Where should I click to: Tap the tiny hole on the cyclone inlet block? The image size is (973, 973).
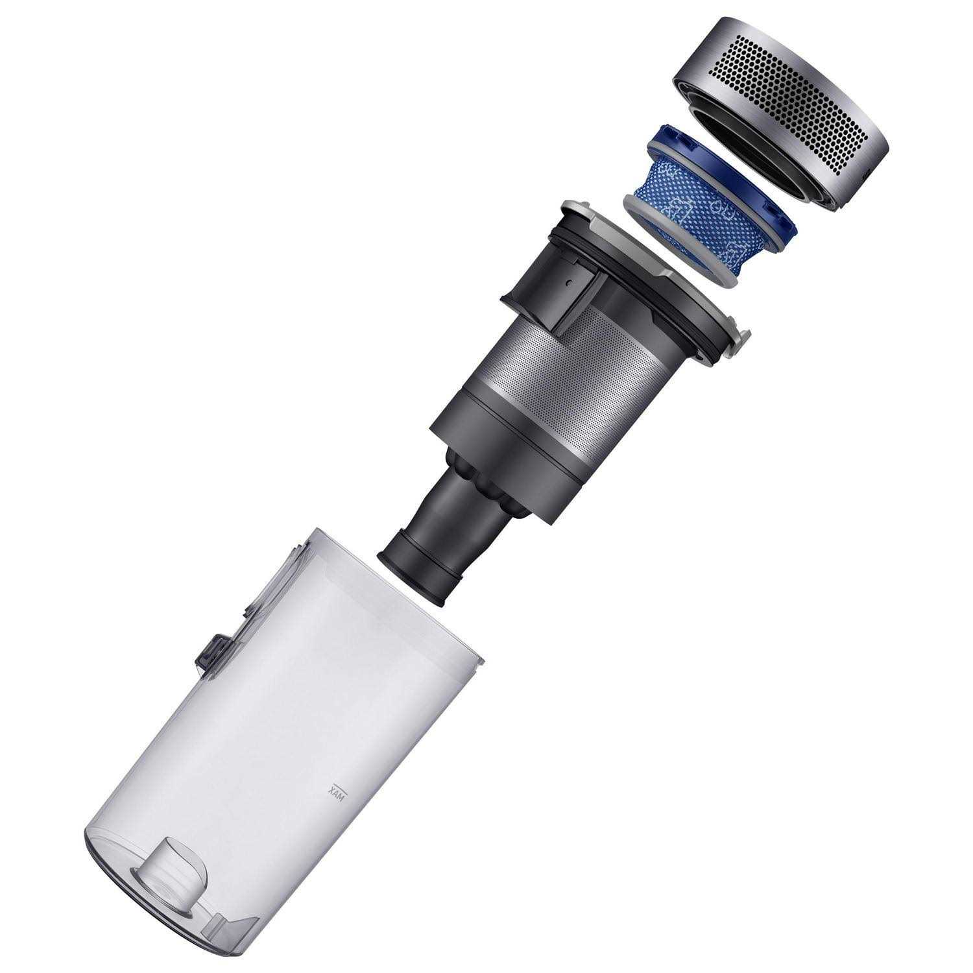coord(568,283)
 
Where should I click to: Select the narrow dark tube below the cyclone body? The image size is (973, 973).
coord(448,538)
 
